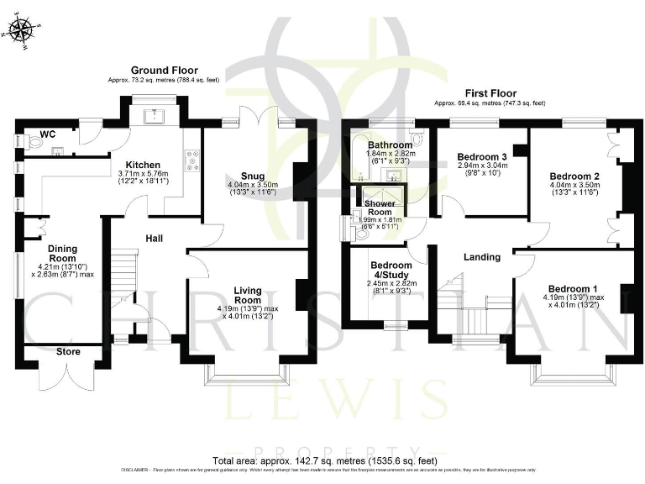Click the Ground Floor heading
tap(164, 70)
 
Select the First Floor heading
tap(490, 93)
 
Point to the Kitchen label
tap(143, 164)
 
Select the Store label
tap(69, 352)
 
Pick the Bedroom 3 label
tap(482, 156)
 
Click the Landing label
tap(482, 256)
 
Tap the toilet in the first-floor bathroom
tap(417, 138)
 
